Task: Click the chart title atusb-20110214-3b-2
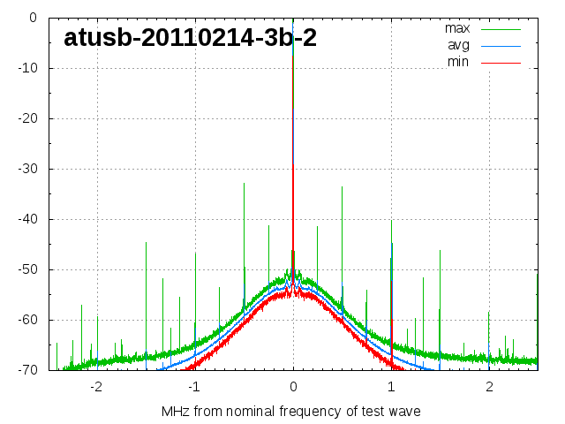pyautogui.click(x=190, y=38)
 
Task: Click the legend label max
pyautogui.click(x=456, y=28)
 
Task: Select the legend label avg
pyautogui.click(x=458, y=45)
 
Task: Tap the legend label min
pyautogui.click(x=458, y=62)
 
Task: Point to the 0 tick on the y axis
pyautogui.click(x=32, y=18)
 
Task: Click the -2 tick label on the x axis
pyautogui.click(x=96, y=387)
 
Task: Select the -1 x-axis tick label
pyautogui.click(x=194, y=387)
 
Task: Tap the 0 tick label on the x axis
pyautogui.click(x=293, y=387)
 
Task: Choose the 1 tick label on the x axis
pyautogui.click(x=391, y=387)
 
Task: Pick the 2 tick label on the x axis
pyautogui.click(x=489, y=387)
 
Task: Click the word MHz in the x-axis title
pyautogui.click(x=176, y=412)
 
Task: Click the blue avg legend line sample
pyautogui.click(x=501, y=45)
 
